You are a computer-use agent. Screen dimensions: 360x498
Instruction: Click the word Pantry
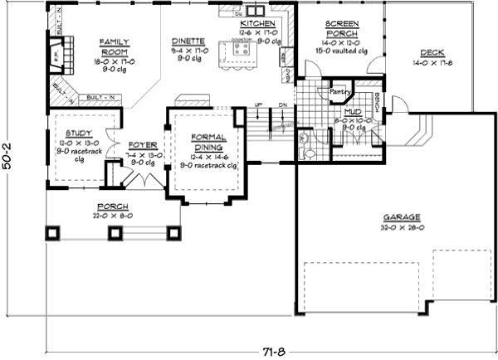339,92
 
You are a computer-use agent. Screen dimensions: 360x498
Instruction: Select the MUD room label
354,110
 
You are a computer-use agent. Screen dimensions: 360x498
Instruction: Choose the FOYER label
138,145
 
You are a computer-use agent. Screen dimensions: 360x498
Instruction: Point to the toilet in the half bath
308,153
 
